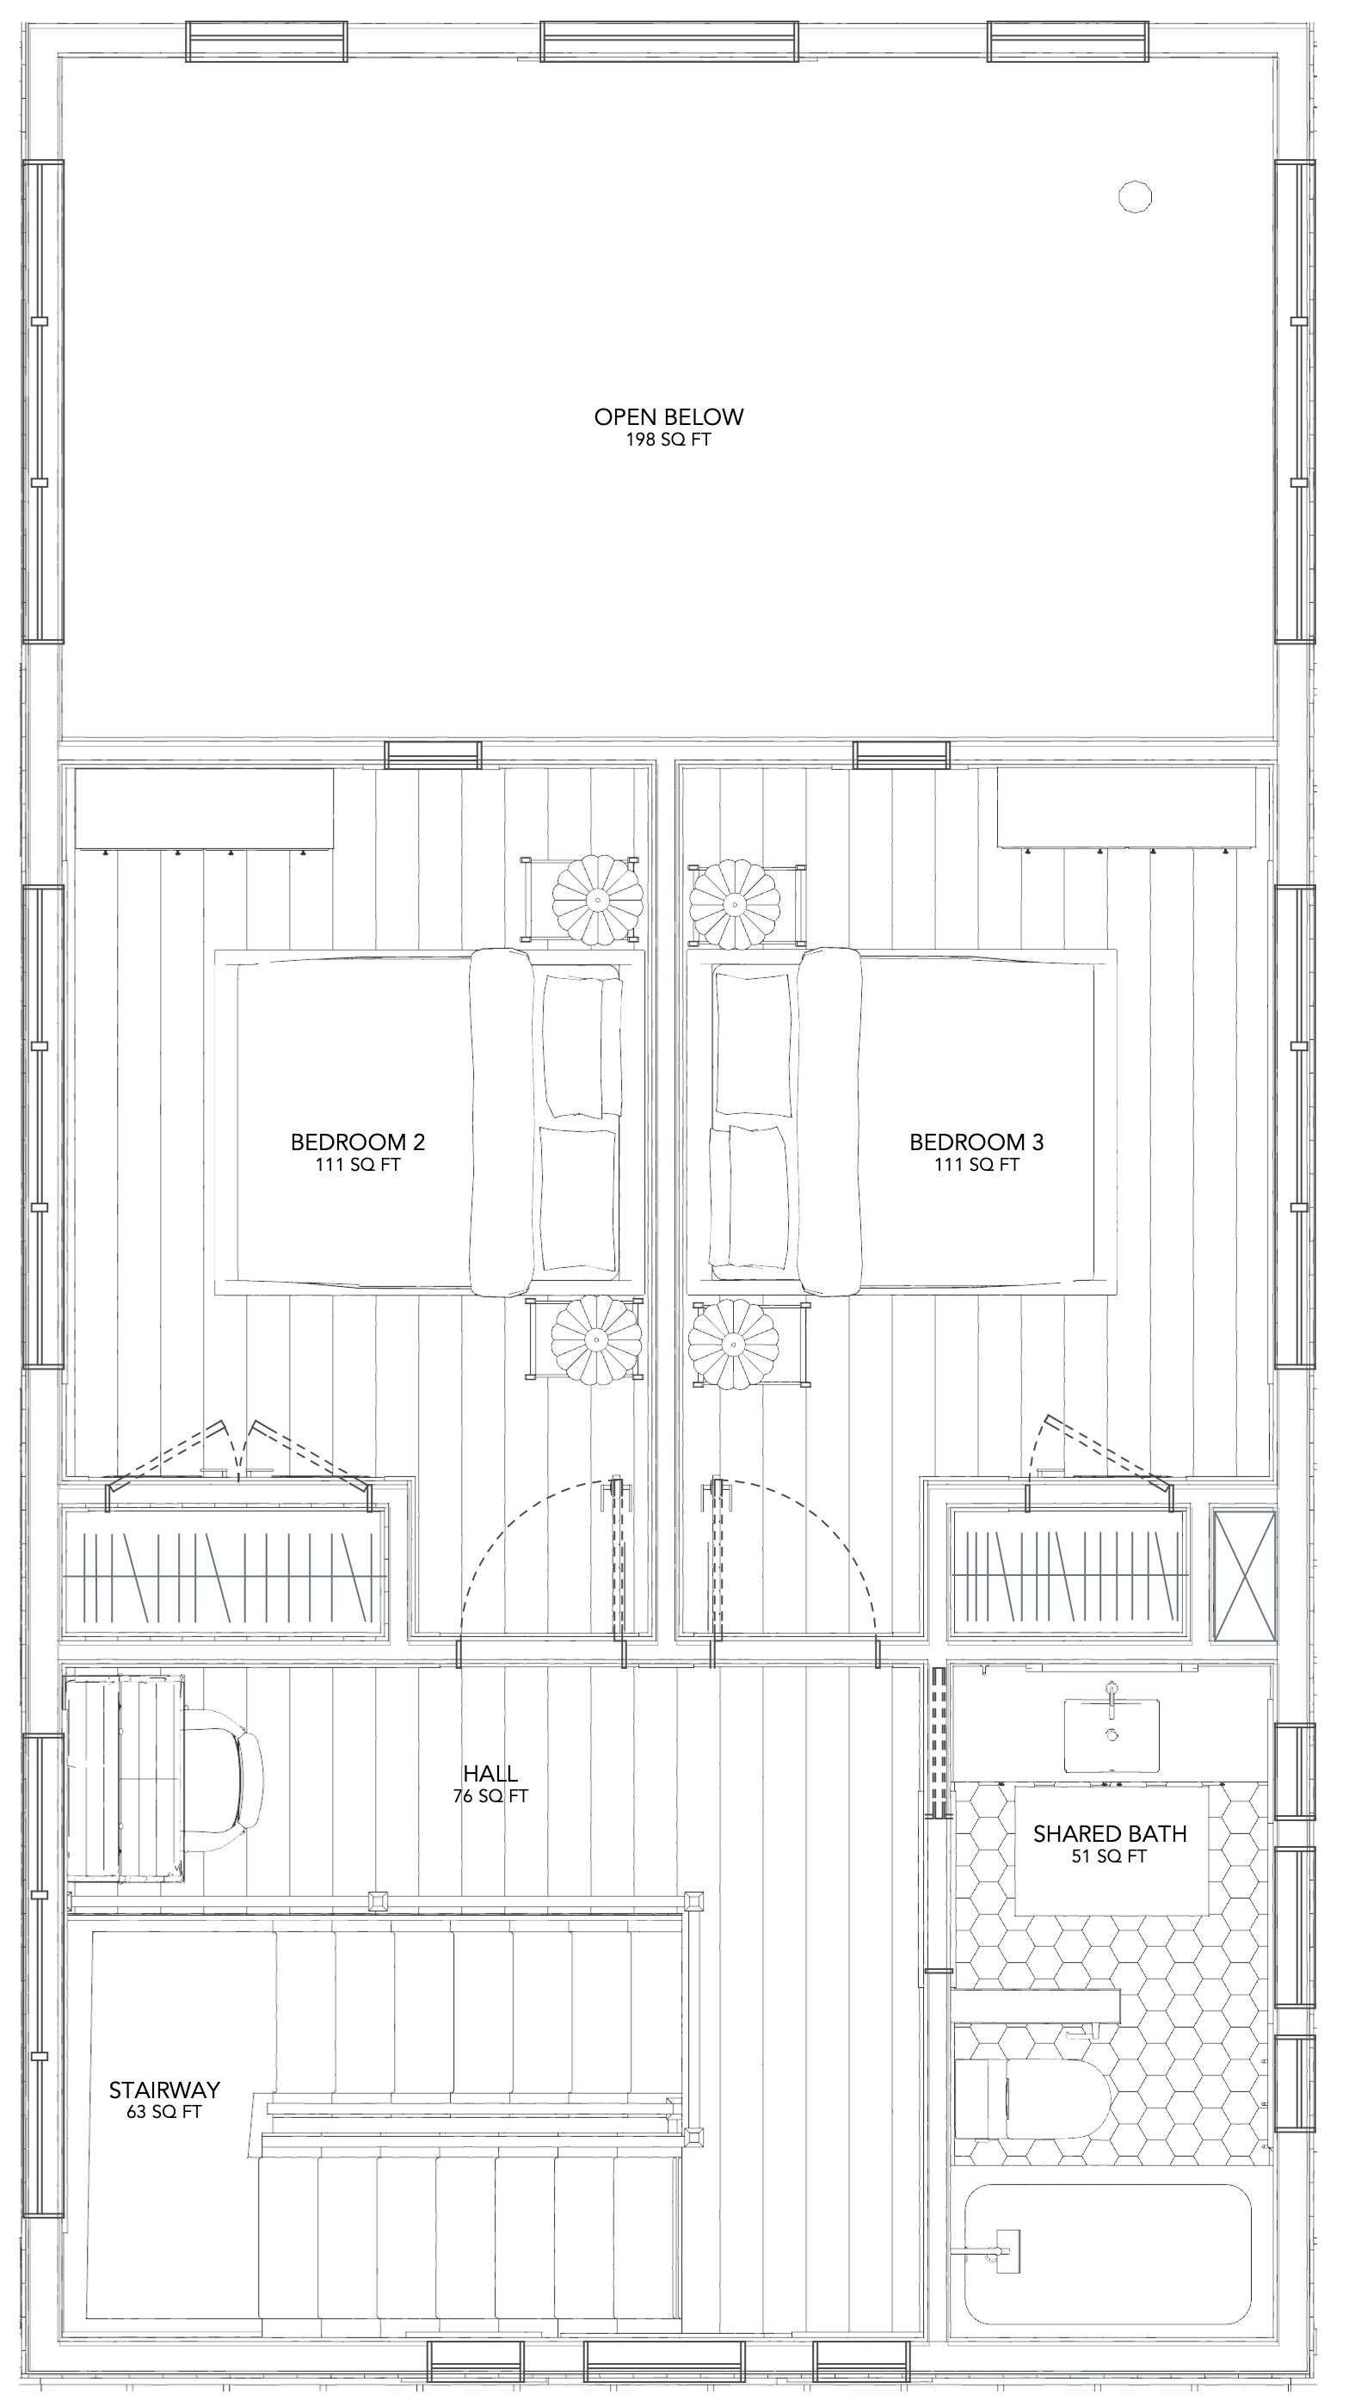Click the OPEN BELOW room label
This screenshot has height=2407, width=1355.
(668, 416)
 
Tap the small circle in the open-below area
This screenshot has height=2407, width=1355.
(1135, 197)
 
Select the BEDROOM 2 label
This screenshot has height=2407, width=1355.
(358, 1142)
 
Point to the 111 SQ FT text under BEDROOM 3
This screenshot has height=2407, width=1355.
(976, 1165)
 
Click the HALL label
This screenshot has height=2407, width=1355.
(490, 1774)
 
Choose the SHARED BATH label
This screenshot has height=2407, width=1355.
(1109, 1833)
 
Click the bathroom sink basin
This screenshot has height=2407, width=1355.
(1112, 1734)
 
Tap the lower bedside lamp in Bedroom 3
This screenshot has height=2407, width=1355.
(734, 1344)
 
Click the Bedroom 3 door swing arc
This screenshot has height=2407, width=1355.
(822, 1533)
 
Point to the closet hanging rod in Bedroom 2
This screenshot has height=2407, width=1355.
(225, 1576)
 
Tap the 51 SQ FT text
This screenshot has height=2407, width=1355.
(1109, 1856)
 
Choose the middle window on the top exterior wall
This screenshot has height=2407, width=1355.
(669, 41)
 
